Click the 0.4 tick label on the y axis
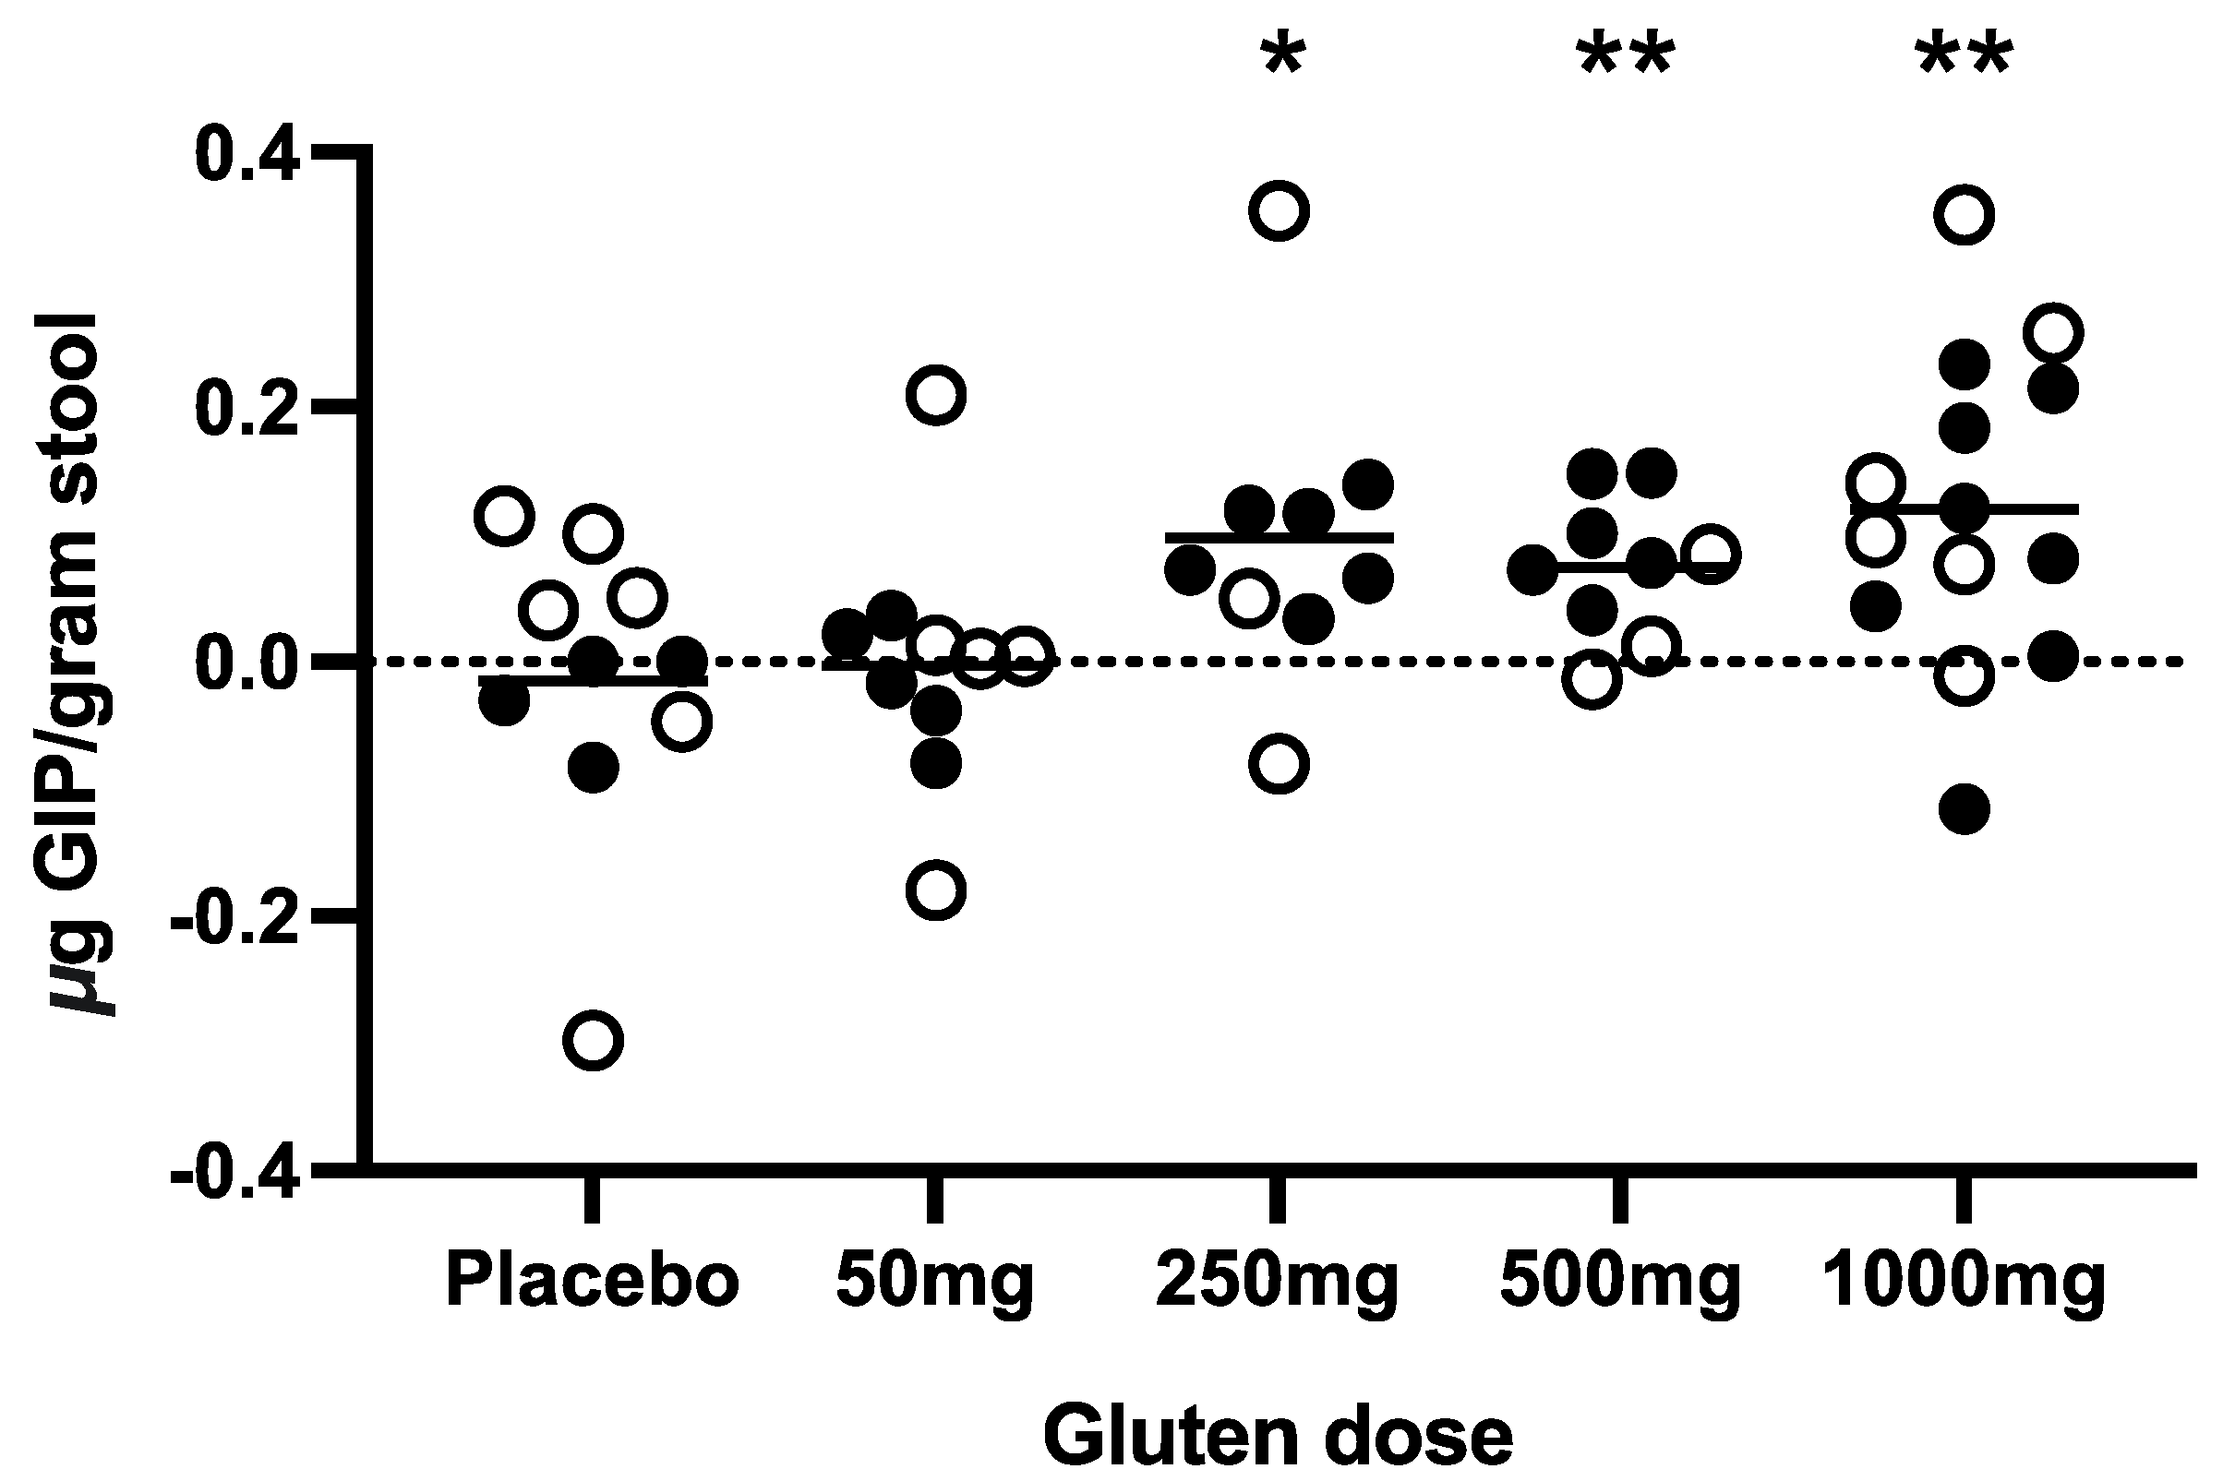(247, 156)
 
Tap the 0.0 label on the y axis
(247, 663)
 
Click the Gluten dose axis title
(1278, 1437)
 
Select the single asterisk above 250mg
(1282, 56)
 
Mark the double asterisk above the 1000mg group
(1965, 56)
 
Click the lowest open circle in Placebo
(593, 1041)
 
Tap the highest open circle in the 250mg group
(1279, 210)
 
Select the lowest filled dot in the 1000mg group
(1965, 809)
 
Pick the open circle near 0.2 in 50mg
(935, 394)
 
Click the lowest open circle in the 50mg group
(935, 890)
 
